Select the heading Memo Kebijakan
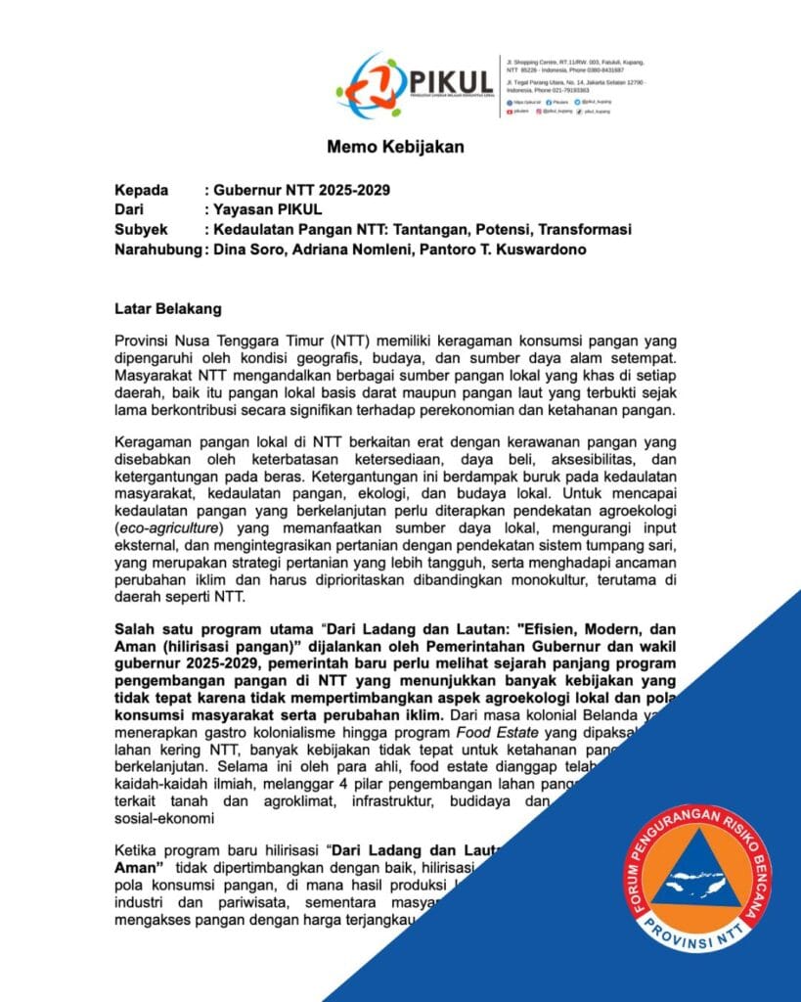point(395,148)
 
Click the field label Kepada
point(142,190)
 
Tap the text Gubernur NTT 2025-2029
point(299,190)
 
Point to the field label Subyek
point(141,229)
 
